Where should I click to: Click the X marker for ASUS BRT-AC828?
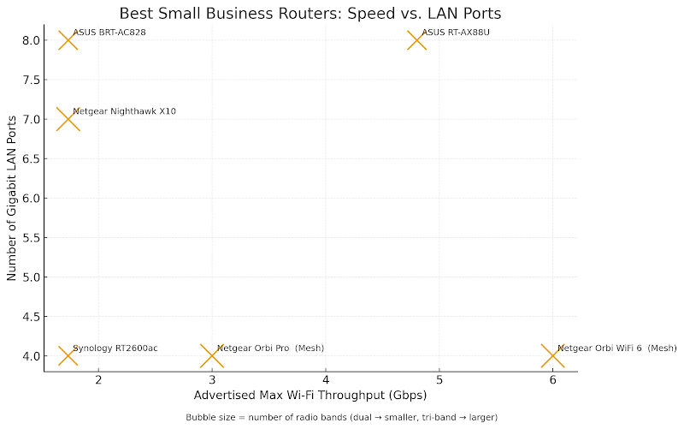[68, 40]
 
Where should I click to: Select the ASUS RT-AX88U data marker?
[416, 40]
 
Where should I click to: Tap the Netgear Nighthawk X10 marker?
[67, 119]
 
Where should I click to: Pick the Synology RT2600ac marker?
[68, 355]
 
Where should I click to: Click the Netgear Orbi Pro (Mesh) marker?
[212, 355]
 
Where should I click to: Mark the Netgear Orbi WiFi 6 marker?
[552, 355]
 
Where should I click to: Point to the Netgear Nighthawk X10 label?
[125, 111]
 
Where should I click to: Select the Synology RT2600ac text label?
[115, 348]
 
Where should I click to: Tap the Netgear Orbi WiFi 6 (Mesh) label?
[616, 348]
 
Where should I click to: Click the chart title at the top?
[310, 13]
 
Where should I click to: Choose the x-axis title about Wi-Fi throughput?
[310, 396]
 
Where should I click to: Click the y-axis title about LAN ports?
[12, 198]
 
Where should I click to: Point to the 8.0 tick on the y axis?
[31, 40]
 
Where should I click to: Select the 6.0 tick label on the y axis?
[31, 198]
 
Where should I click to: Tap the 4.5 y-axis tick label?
[31, 316]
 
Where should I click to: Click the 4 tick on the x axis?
[326, 380]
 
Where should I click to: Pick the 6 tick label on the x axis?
[552, 380]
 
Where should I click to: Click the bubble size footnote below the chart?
[341, 417]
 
